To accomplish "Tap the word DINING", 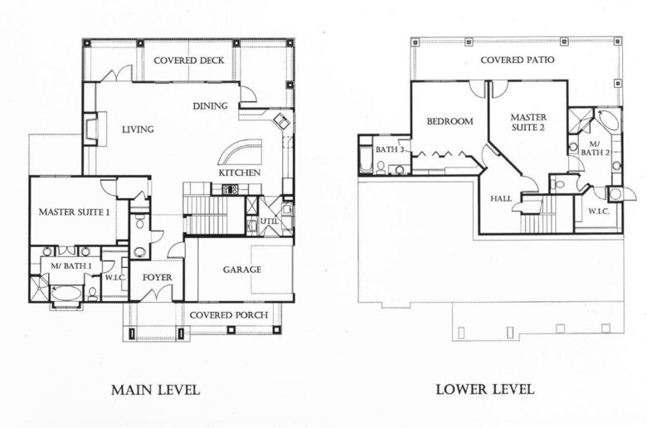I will (210, 105).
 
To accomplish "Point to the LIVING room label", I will (138, 129).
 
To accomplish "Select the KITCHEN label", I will (239, 173).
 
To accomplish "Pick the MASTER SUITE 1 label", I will (75, 213).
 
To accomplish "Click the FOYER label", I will (157, 277).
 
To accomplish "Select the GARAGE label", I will (242, 270).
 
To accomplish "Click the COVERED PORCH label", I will (221, 315).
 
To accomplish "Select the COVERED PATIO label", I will (517, 61).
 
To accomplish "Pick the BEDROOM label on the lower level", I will (450, 121).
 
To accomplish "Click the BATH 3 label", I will (390, 150).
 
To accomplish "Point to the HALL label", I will (501, 198).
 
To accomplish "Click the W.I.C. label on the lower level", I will (600, 211).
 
